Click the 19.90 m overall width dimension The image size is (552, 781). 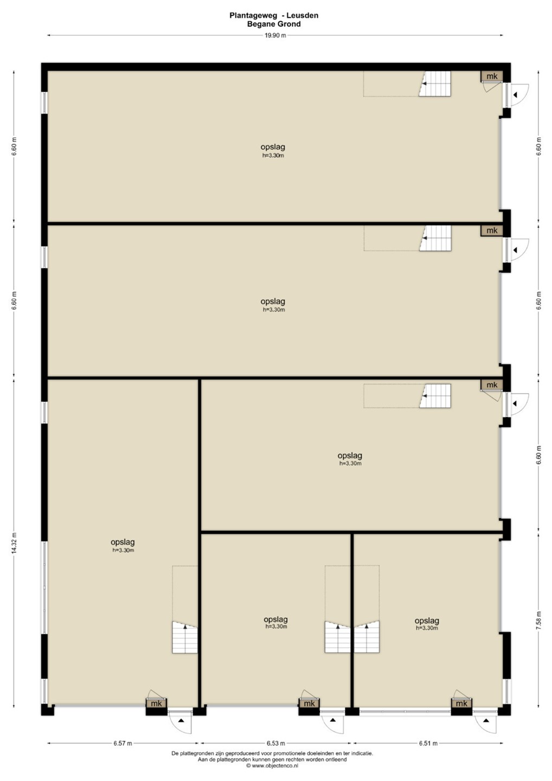point(275,35)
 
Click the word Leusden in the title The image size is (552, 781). point(302,15)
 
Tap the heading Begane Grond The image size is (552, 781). point(274,24)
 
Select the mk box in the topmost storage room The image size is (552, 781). point(492,76)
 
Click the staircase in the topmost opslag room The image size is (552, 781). point(435,84)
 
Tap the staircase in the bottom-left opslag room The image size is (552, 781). point(185,637)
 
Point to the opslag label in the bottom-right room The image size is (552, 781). point(427,620)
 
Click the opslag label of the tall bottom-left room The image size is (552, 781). point(123,542)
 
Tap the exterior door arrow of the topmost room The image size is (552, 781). point(515,95)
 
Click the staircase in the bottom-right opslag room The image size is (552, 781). point(367,637)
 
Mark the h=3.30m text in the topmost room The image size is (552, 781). point(273,156)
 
